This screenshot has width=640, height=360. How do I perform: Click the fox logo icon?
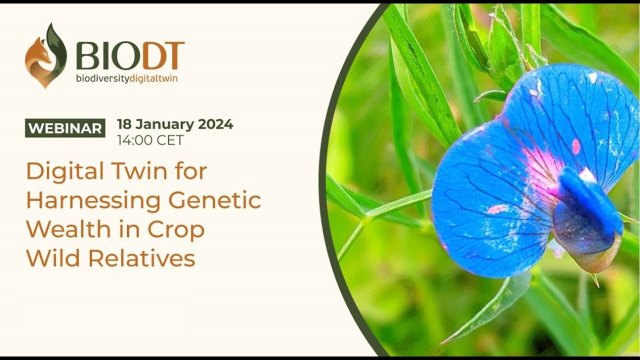coord(45,55)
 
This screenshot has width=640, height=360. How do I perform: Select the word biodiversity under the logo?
coord(102,78)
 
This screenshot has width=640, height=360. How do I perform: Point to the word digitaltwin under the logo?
coord(153,78)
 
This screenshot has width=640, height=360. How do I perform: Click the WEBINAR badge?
coord(65,128)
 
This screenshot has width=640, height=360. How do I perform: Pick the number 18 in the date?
coord(124,124)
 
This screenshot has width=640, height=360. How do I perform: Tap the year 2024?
coord(215,124)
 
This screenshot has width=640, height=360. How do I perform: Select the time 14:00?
coord(134,140)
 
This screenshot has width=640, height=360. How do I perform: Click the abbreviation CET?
coord(169,140)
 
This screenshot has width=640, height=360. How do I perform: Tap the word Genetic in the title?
coord(214,200)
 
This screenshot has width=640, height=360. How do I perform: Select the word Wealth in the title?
coord(68,229)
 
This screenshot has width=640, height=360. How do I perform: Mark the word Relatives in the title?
coord(141,258)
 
